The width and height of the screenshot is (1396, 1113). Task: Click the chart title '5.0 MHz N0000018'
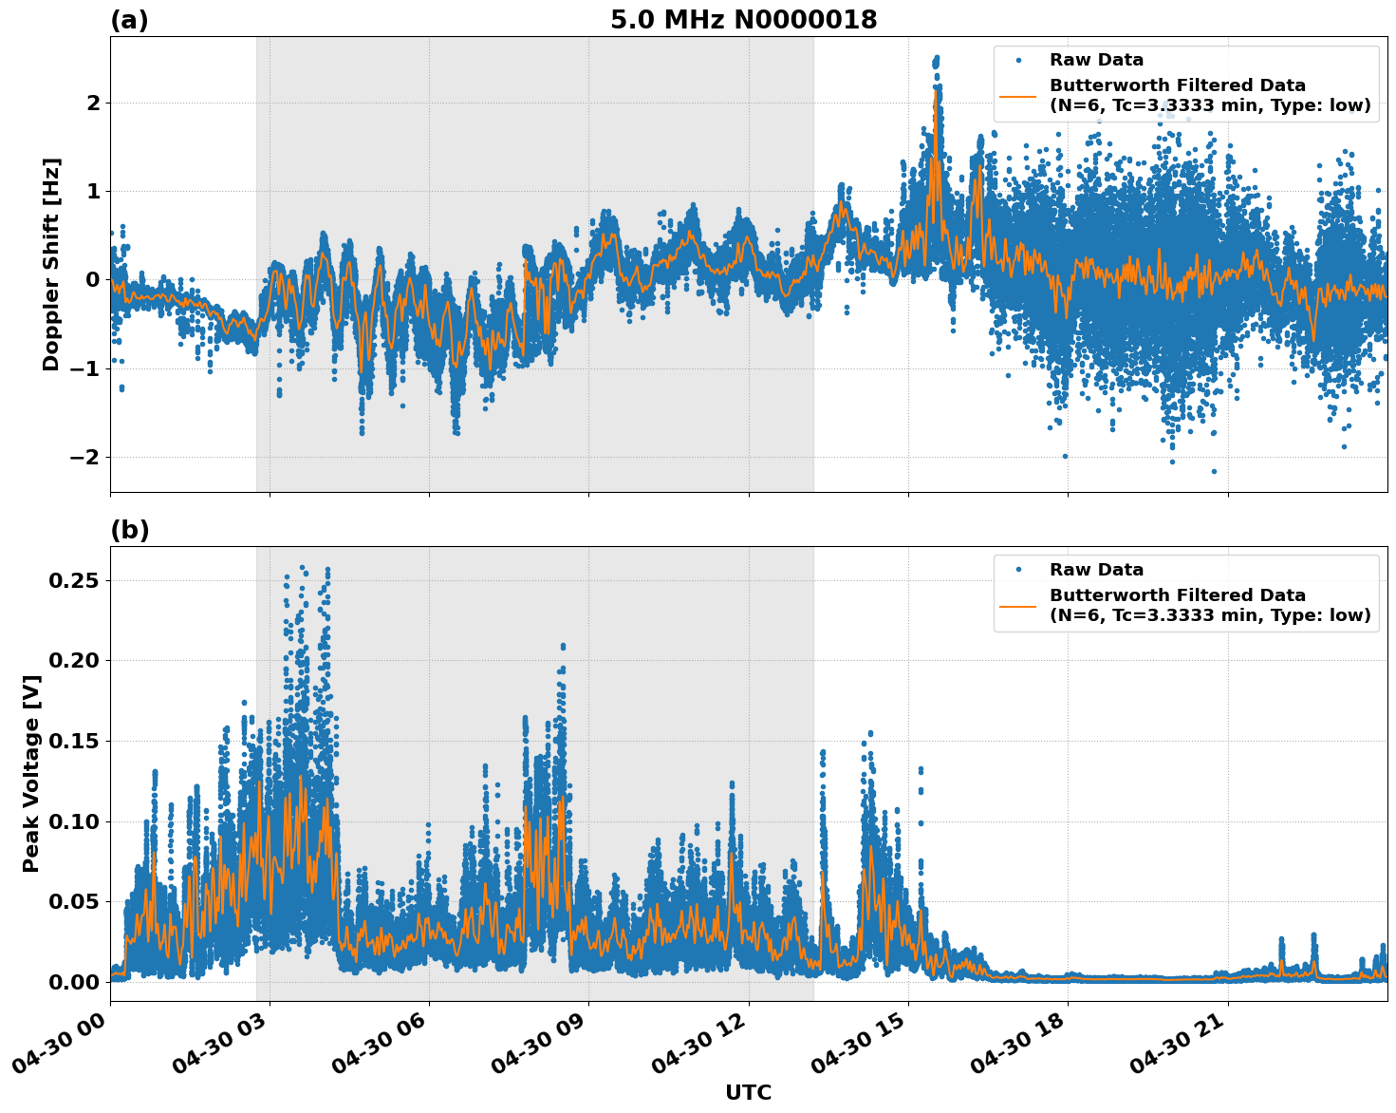point(743,20)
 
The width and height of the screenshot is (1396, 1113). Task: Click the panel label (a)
point(129,20)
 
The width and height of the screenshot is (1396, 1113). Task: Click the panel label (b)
point(129,530)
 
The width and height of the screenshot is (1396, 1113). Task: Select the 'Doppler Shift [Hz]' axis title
point(51,264)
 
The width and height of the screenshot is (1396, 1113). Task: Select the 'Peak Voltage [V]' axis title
point(31,773)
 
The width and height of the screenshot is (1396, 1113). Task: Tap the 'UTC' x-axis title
point(748,1092)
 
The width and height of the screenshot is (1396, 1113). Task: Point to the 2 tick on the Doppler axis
point(92,103)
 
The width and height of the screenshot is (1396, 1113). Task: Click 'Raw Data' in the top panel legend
point(1096,60)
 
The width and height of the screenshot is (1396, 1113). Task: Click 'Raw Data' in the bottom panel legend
point(1096,570)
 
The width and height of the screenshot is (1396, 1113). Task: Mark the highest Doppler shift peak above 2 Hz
point(936,59)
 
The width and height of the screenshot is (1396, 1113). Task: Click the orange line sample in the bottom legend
point(1018,605)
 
